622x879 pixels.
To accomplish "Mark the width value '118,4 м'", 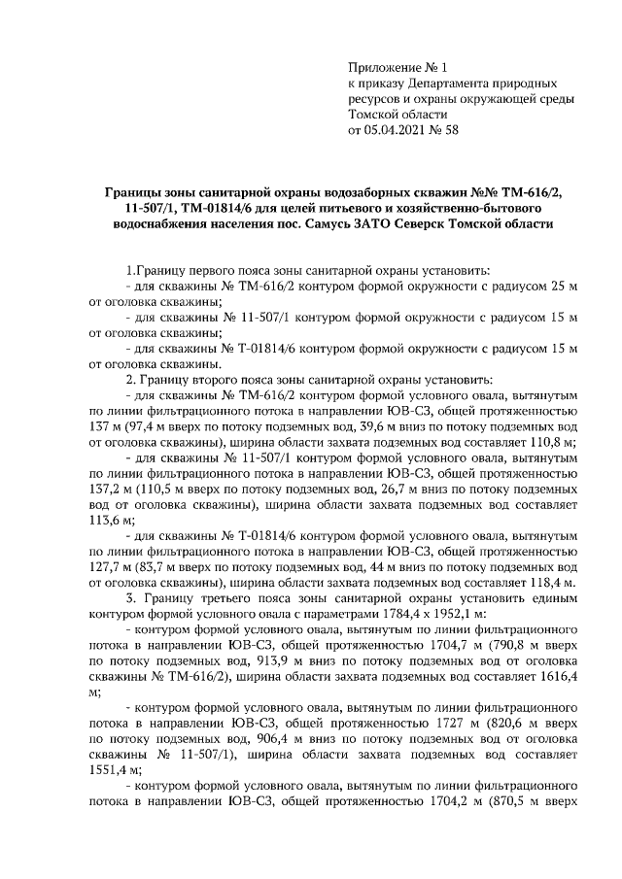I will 555,583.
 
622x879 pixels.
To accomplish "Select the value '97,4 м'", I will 148,426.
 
